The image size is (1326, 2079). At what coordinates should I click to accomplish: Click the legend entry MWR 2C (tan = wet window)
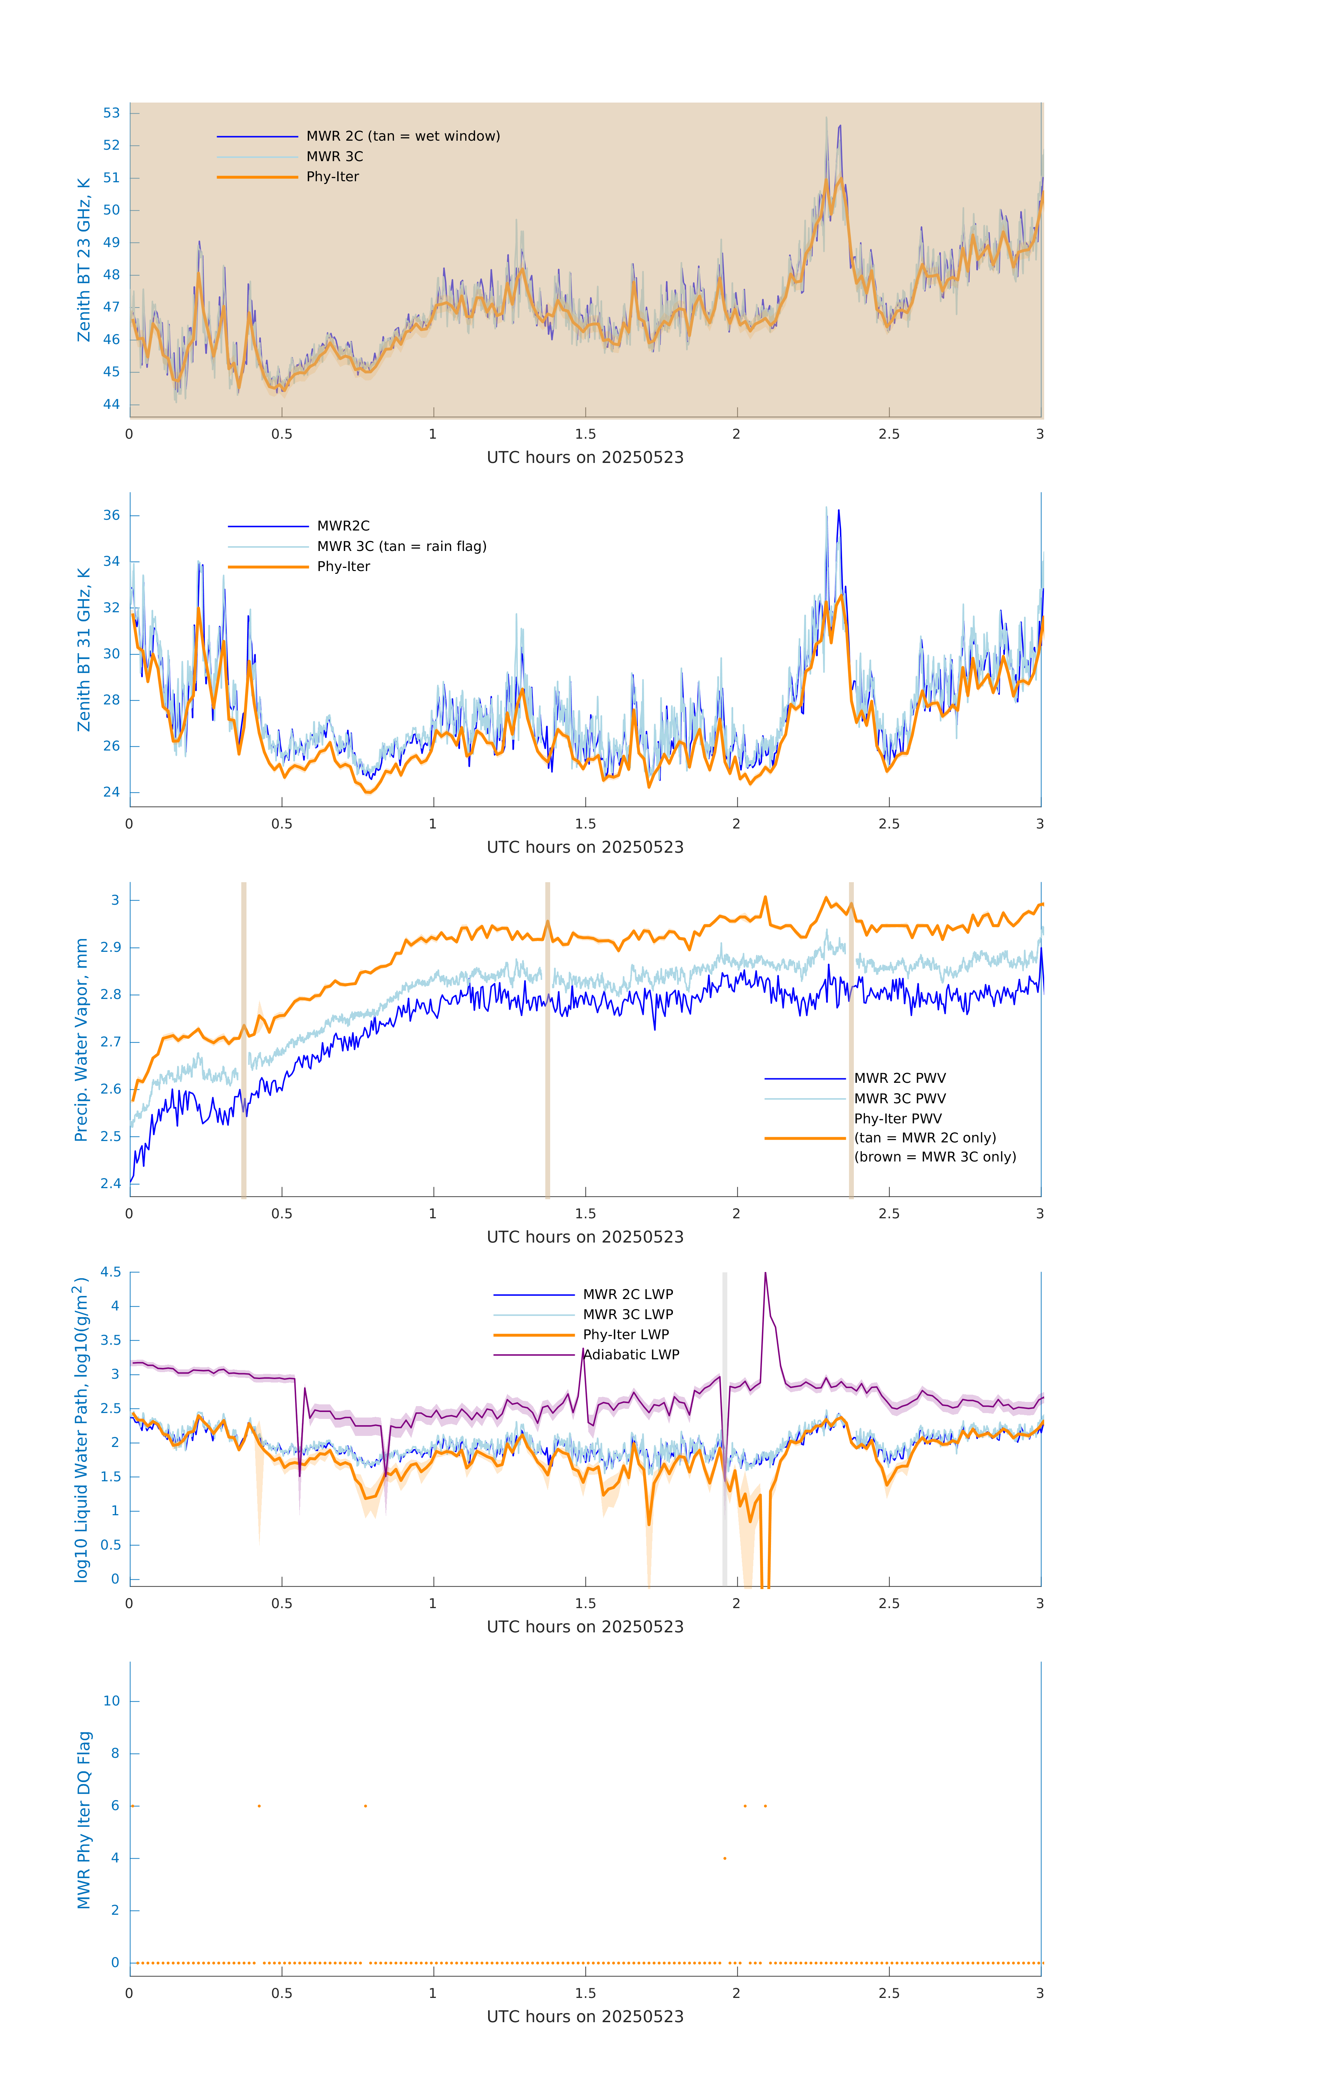tap(402, 137)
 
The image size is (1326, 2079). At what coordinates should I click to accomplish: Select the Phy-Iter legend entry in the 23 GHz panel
tap(332, 177)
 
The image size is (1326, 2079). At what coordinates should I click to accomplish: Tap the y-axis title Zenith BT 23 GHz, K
tap(84, 260)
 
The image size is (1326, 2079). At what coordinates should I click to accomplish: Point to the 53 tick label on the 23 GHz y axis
tap(111, 113)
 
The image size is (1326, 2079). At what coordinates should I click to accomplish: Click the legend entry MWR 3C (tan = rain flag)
tap(402, 546)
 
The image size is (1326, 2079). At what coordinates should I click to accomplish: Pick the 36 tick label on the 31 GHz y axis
tap(111, 516)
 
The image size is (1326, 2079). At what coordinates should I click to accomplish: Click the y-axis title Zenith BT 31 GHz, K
tap(84, 649)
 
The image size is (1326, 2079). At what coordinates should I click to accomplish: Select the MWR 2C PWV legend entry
tap(899, 1078)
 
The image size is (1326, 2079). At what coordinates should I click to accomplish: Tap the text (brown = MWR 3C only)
tap(935, 1157)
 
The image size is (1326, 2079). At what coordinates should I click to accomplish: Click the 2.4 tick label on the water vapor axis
tap(111, 1184)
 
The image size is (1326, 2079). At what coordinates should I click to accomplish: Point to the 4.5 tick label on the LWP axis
tap(111, 1273)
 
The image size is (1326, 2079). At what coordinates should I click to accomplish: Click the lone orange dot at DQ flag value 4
tap(725, 1858)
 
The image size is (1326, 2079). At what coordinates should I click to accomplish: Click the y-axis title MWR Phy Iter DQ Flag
tap(84, 1820)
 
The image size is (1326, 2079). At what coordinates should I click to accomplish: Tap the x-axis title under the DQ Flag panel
tap(585, 2017)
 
